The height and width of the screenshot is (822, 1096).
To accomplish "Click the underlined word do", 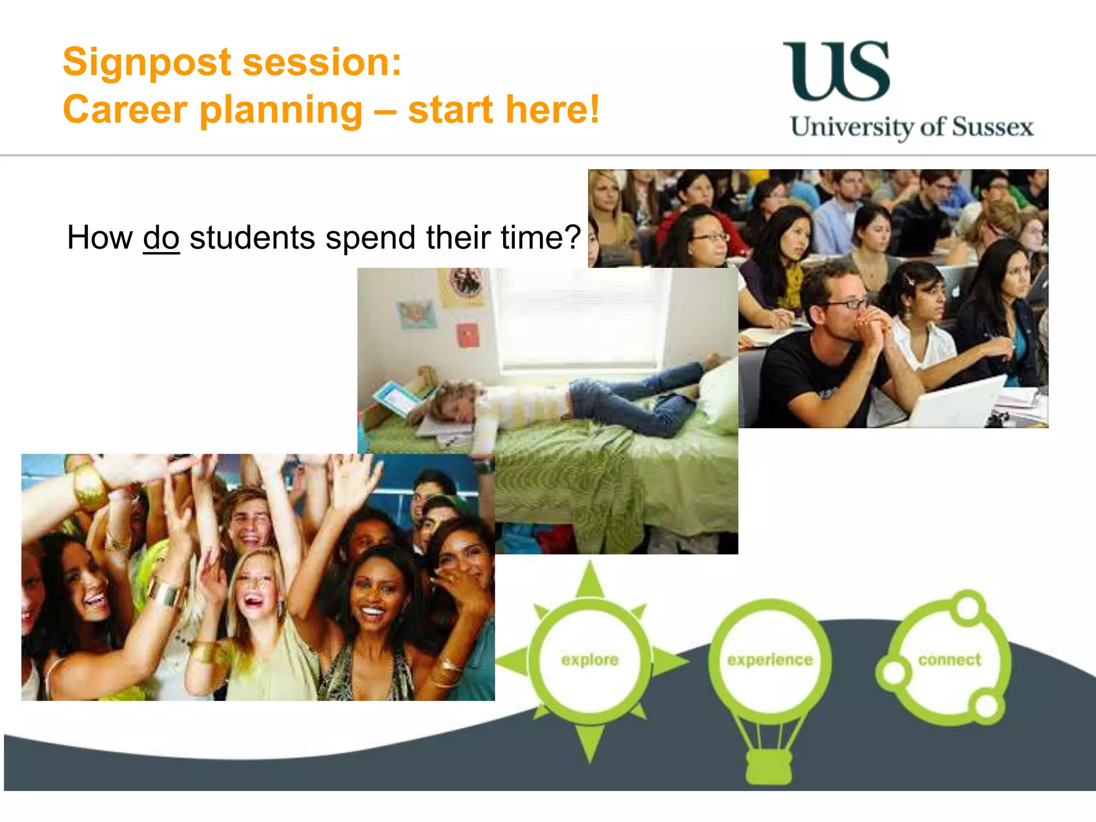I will pos(161,238).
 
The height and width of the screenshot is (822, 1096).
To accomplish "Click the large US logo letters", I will pos(836,71).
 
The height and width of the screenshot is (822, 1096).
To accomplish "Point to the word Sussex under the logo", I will pos(993,128).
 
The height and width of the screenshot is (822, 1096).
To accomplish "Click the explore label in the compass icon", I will pos(590,660).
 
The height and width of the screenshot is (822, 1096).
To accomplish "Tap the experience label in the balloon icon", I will pos(770,660).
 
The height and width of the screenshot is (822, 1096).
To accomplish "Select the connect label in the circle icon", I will pos(949,660).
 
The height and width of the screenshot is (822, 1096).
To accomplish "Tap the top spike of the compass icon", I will pos(590,581).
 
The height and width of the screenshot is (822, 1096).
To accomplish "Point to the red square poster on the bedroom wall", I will pos(468,335).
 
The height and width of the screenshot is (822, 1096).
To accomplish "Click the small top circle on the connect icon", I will pos(968,607).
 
